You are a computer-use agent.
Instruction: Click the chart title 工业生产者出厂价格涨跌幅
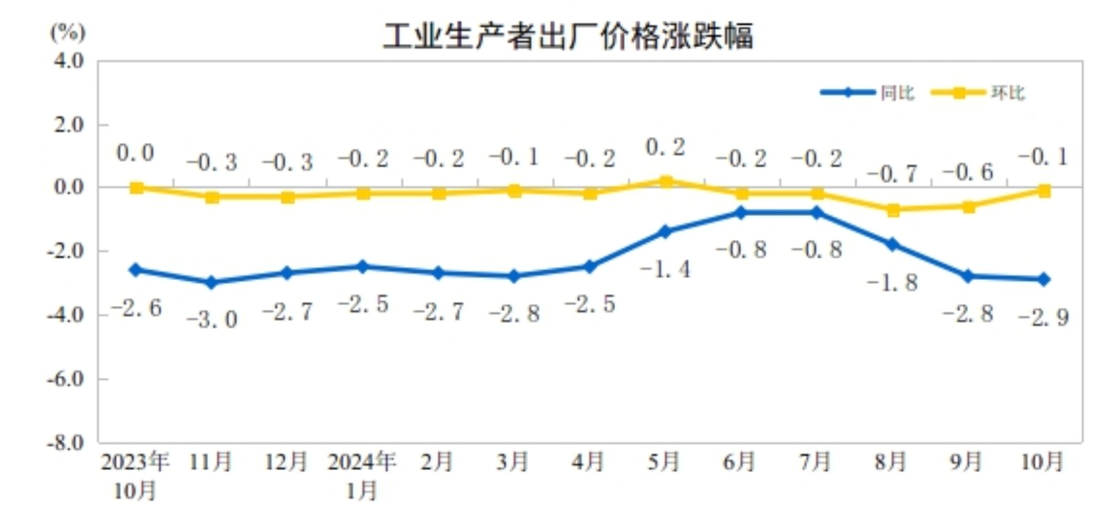pyautogui.click(x=568, y=36)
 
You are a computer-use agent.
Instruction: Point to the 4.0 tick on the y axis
pyautogui.click(x=68, y=61)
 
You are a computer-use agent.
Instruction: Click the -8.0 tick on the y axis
pyautogui.click(x=66, y=442)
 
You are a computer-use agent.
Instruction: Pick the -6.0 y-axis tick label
pyautogui.click(x=66, y=379)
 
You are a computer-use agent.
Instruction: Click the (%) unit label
pyautogui.click(x=68, y=32)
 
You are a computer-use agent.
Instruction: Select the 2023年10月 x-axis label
pyautogui.click(x=136, y=475)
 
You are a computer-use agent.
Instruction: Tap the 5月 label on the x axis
pyautogui.click(x=664, y=461)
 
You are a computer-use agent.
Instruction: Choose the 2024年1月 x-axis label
pyautogui.click(x=362, y=475)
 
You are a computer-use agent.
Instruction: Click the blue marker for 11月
pyautogui.click(x=212, y=283)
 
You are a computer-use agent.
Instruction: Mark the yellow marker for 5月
pyautogui.click(x=666, y=181)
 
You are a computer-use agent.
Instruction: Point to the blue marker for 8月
pyautogui.click(x=893, y=245)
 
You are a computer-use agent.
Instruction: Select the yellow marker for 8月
pyautogui.click(x=893, y=210)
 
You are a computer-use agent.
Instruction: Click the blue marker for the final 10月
pyautogui.click(x=1044, y=279)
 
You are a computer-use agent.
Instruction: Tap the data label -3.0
pyautogui.click(x=212, y=320)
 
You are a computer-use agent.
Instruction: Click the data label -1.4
pyautogui.click(x=665, y=269)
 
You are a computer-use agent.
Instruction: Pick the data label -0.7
pyautogui.click(x=892, y=174)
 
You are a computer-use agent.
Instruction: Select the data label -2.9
pyautogui.click(x=1043, y=317)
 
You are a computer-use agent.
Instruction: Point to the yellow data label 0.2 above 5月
pyautogui.click(x=665, y=148)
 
